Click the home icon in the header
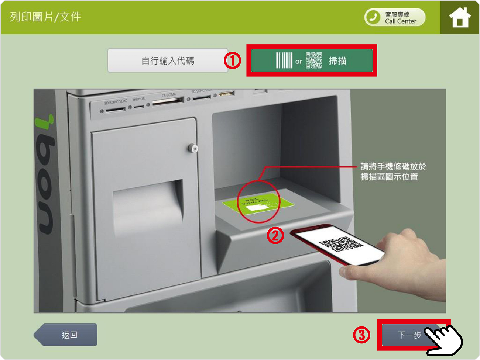tap(460, 17)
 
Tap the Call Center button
tap(395, 18)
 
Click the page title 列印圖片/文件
tap(45, 17)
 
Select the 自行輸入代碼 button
tap(168, 60)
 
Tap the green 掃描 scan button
tap(312, 60)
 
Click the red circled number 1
tap(233, 60)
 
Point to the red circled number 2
tap(275, 235)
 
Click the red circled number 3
tap(361, 335)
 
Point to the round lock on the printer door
tap(193, 148)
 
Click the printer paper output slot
tap(148, 201)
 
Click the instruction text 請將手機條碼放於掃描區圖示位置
tap(393, 172)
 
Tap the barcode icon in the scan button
tap(284, 60)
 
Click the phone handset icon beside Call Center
tap(374, 17)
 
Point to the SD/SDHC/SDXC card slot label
tap(115, 102)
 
